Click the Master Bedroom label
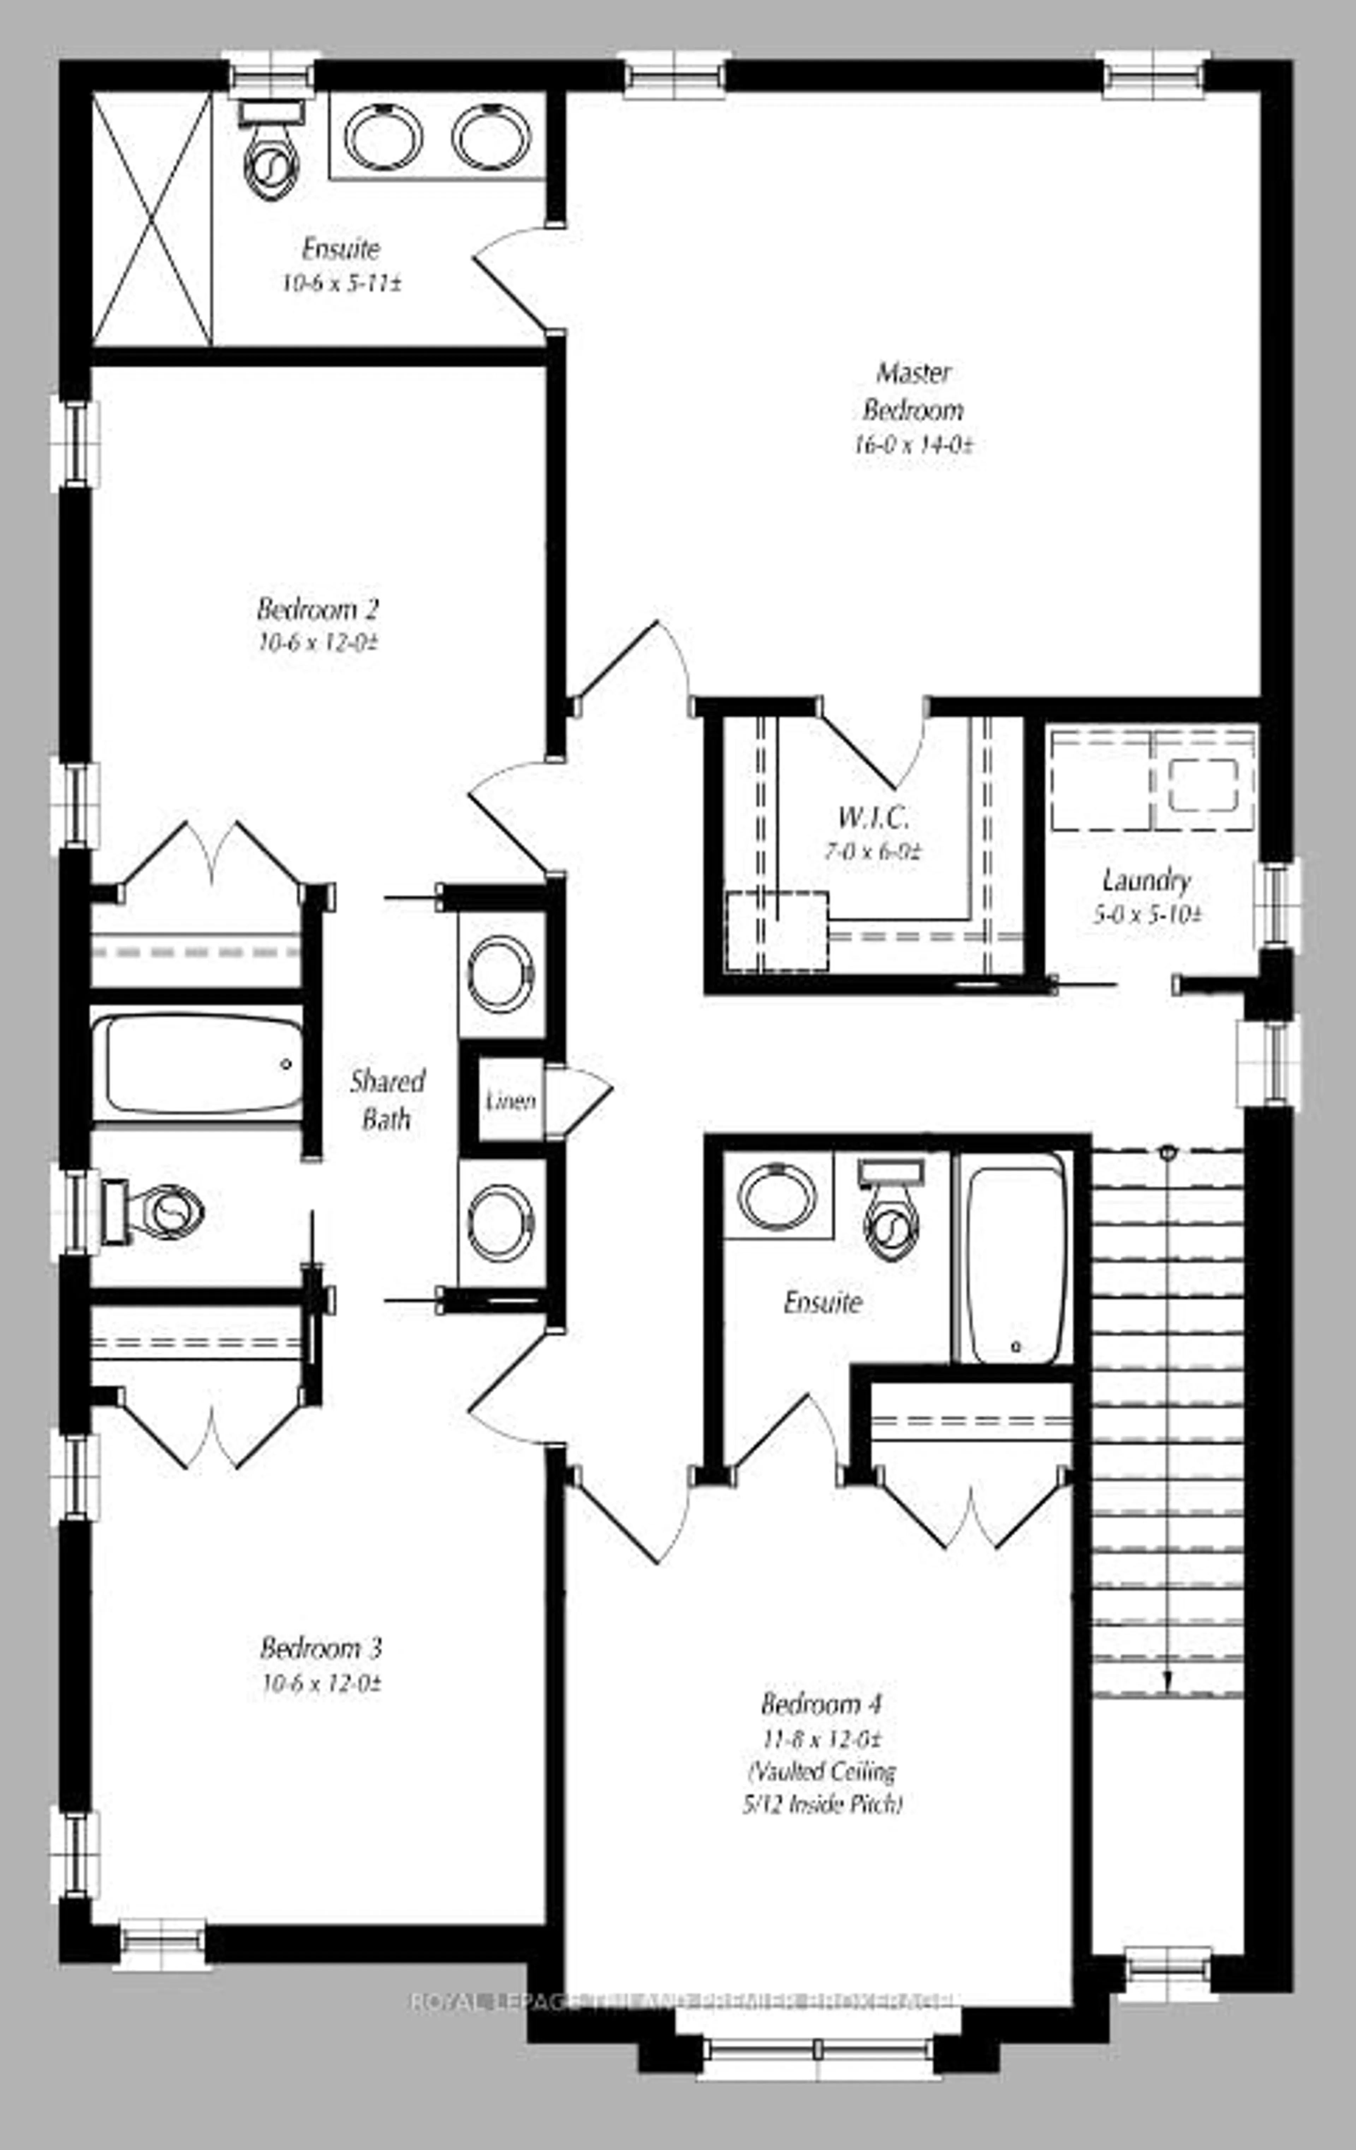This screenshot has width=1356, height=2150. (x=912, y=391)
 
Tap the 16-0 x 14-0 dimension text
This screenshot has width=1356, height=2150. (x=912, y=445)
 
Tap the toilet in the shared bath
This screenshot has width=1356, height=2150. (x=156, y=1212)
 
